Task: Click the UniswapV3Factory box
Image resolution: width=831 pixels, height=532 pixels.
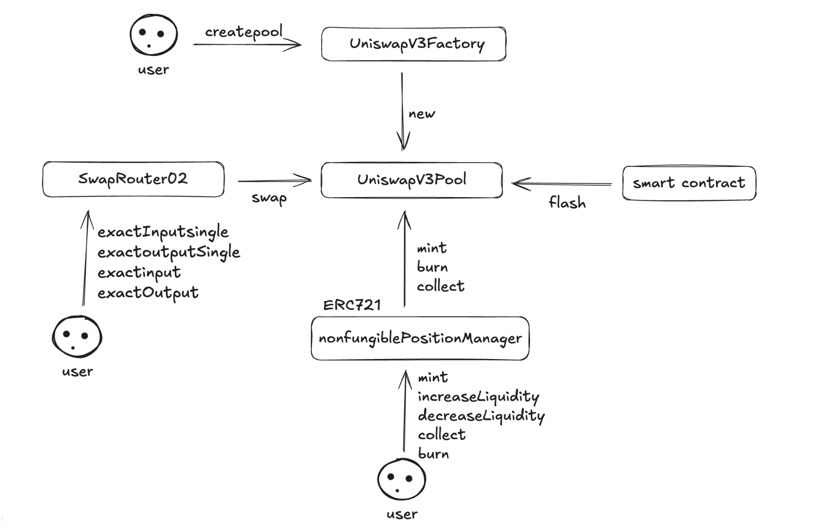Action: click(414, 44)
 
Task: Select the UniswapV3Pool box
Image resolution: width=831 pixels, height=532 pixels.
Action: click(411, 180)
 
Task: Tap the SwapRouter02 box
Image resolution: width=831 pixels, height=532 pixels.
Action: click(133, 179)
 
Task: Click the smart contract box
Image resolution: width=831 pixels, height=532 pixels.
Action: click(689, 183)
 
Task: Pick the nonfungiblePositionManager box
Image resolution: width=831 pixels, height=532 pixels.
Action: click(420, 338)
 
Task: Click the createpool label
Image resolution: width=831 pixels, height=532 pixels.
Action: click(244, 32)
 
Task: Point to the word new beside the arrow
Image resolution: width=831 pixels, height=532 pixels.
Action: click(421, 114)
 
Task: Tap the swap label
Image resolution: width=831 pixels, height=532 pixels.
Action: click(269, 198)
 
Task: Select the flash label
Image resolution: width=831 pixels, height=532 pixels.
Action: click(567, 203)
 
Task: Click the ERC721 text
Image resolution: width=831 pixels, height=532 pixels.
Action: click(352, 305)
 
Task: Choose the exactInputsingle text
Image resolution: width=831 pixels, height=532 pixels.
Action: click(163, 232)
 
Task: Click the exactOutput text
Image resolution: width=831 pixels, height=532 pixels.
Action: click(148, 293)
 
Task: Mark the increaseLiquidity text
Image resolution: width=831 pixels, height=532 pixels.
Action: click(478, 397)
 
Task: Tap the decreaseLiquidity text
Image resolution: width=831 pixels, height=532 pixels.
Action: click(481, 416)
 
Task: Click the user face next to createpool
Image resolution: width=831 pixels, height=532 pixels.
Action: click(153, 35)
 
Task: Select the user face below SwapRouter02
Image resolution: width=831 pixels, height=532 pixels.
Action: click(77, 336)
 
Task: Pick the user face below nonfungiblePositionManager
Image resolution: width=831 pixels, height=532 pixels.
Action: click(401, 479)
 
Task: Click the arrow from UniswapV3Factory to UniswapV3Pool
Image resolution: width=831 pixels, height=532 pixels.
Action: click(402, 112)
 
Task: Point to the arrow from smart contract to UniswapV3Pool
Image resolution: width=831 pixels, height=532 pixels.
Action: click(561, 184)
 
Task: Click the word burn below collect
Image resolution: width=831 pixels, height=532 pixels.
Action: click(433, 454)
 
